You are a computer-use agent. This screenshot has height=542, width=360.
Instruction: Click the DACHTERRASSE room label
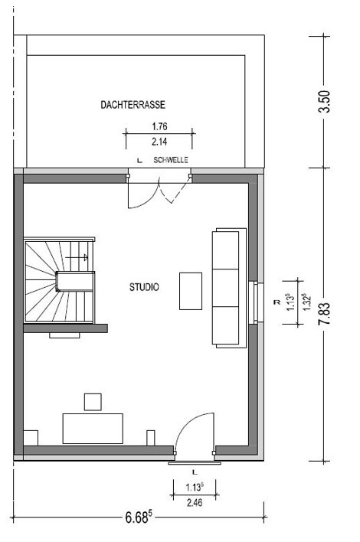click(x=133, y=105)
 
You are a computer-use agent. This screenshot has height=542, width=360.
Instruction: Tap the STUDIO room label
click(x=144, y=287)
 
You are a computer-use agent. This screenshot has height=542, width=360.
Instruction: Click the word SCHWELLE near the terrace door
click(x=171, y=160)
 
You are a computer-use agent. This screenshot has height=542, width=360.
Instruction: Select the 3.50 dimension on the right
click(x=325, y=101)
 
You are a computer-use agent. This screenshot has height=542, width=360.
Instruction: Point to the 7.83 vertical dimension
click(x=325, y=313)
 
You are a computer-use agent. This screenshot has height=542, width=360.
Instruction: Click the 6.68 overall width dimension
click(x=139, y=518)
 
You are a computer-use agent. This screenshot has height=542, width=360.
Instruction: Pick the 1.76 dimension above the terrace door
click(x=159, y=126)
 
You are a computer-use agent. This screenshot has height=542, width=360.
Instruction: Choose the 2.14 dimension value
click(x=159, y=142)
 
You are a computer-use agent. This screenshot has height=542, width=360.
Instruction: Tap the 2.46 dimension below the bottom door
click(x=195, y=502)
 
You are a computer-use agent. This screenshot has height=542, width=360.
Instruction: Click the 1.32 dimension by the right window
click(x=306, y=302)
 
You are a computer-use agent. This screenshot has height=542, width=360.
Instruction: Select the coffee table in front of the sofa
click(x=191, y=291)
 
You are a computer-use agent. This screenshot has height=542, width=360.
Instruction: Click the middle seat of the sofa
click(x=225, y=288)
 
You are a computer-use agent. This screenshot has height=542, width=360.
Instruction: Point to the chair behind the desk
click(x=93, y=402)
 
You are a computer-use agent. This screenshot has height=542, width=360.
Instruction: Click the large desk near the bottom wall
click(x=93, y=429)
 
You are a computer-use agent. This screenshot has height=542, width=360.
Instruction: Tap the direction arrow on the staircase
click(x=77, y=257)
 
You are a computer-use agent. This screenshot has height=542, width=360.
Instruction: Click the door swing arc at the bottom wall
click(x=188, y=423)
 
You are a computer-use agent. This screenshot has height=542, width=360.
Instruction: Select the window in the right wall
click(x=256, y=303)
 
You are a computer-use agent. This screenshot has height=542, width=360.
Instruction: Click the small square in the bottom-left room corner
click(x=31, y=438)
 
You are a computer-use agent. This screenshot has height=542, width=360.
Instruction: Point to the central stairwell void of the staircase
click(x=75, y=282)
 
